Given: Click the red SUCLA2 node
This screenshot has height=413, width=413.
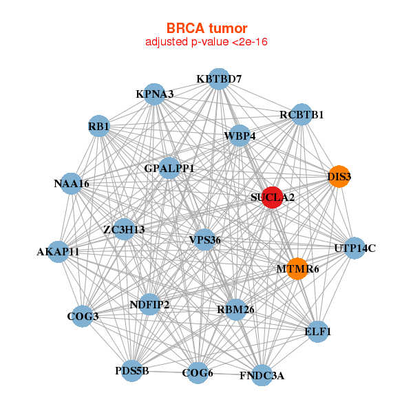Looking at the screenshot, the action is [273, 197].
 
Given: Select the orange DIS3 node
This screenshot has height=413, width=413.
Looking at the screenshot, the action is [338, 176].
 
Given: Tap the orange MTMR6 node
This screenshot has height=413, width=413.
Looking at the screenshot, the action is [297, 268].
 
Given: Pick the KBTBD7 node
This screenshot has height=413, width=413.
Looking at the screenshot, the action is [218, 78].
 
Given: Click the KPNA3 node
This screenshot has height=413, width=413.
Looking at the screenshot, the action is [155, 94].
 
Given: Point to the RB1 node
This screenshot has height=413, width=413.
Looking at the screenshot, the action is [99, 126].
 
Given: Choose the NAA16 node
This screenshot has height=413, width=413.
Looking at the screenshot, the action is [72, 183].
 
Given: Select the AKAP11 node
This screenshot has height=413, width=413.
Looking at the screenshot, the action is [59, 251].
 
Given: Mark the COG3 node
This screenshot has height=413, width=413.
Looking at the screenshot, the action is [83, 316].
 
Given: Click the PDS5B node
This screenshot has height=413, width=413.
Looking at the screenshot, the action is [131, 371].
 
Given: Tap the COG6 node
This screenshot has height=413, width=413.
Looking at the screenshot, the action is [198, 373].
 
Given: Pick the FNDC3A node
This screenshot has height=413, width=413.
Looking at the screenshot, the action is [262, 375].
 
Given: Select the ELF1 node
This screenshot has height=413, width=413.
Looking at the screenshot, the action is [317, 331].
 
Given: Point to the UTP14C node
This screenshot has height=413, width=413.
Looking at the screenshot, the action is [354, 248].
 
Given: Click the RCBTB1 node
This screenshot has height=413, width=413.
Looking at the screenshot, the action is [301, 114].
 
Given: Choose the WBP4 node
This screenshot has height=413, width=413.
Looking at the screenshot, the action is [240, 136].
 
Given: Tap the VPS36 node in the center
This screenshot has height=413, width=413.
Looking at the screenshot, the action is [205, 240].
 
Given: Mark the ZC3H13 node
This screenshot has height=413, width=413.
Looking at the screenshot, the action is [124, 229].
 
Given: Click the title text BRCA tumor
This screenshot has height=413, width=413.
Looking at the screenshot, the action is [206, 28].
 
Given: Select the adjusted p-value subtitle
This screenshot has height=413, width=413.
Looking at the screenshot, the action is [206, 42].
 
